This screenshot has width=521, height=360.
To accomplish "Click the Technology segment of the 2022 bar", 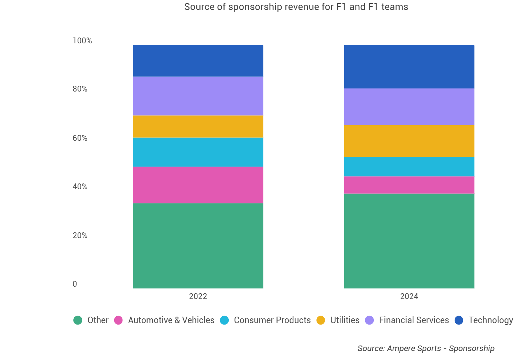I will point(198,61).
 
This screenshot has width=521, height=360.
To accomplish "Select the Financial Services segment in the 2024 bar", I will point(409,107).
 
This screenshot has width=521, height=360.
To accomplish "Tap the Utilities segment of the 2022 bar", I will point(198,126).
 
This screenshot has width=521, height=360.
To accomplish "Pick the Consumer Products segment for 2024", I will point(409,167).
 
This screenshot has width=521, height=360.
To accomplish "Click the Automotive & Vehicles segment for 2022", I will point(198,185).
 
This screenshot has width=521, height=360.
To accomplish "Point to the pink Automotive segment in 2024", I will point(409,185).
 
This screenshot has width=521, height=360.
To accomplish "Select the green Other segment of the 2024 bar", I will point(409,241).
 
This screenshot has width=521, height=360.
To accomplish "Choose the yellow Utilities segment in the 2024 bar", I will point(409,141).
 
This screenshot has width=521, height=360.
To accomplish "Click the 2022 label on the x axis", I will point(198,296).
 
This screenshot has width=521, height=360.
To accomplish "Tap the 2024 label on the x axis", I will point(409,296).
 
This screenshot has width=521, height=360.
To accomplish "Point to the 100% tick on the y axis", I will point(82,41).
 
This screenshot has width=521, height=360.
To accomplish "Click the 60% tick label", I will point(80,138).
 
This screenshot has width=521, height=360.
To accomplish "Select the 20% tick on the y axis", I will point(80,235).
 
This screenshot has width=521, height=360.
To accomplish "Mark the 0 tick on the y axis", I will point(75,284).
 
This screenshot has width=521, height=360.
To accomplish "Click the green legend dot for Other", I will point(78,320).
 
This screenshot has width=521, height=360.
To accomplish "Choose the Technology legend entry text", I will point(490,320).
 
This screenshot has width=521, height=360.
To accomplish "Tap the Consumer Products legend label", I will point(272,320).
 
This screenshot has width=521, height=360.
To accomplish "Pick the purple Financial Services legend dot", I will point(369,320).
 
